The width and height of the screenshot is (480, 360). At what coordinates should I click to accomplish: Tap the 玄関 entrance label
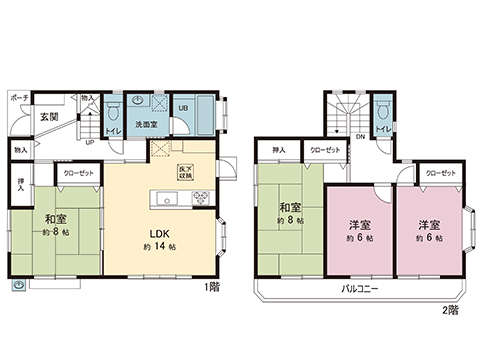tap(49, 117)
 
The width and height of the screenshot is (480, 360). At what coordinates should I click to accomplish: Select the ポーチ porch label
tap(19, 99)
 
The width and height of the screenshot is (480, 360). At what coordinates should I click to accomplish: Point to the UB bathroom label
tap(185, 107)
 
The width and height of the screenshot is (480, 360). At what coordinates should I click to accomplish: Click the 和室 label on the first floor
tap(55, 218)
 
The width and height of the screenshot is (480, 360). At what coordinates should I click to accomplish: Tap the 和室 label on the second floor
tap(291, 208)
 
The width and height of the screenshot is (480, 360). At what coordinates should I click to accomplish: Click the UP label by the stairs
tap(91, 142)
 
